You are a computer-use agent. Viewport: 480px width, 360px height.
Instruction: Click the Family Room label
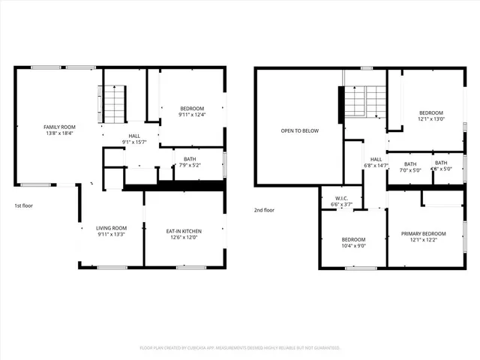[x=59, y=127]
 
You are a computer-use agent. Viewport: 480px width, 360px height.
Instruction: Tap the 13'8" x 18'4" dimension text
[x=59, y=133]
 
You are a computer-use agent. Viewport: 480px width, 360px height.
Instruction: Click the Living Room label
[x=111, y=228]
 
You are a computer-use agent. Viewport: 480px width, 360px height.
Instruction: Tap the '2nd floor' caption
[x=264, y=210]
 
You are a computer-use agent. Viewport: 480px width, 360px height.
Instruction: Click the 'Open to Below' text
[x=299, y=130]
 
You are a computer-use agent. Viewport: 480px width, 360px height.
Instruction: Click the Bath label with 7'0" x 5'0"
[x=411, y=163]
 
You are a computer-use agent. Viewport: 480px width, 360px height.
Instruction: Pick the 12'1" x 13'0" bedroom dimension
[x=431, y=118]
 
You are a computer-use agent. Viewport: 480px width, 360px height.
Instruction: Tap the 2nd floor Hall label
[x=376, y=159]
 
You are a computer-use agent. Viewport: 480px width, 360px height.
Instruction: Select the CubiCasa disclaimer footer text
[x=240, y=348]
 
